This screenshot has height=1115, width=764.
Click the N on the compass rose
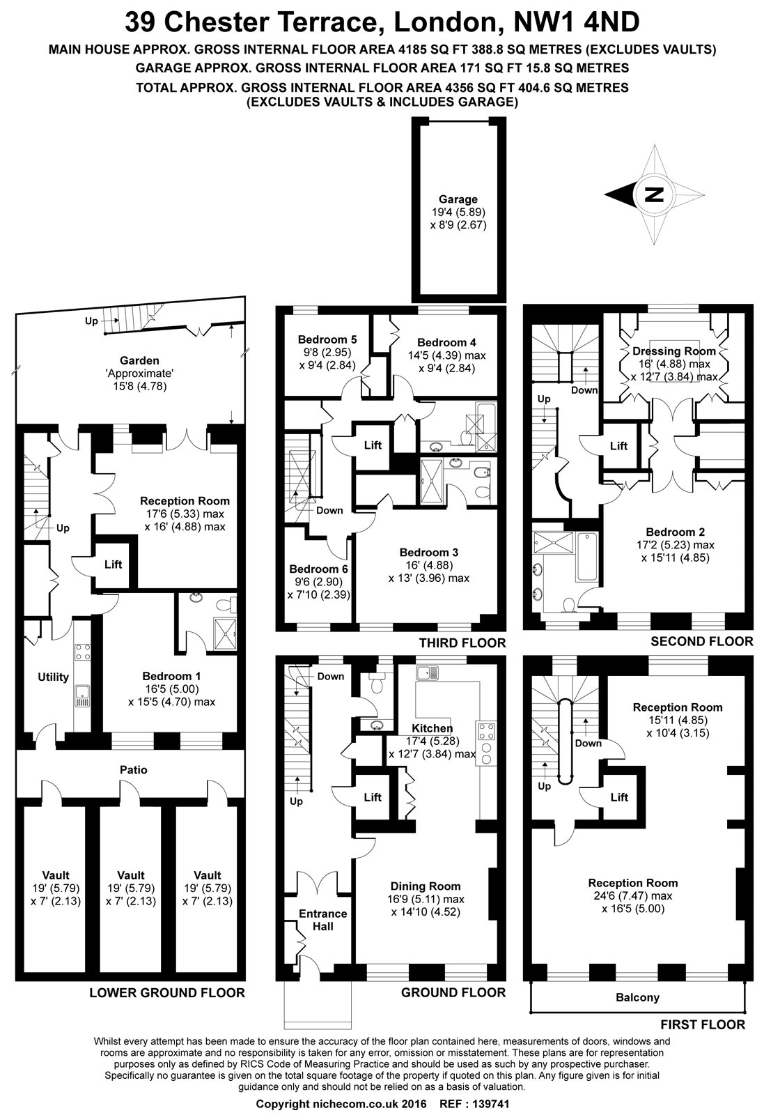654,194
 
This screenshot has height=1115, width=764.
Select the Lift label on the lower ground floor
113,564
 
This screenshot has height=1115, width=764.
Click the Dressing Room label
673,351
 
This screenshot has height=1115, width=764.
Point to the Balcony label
637,997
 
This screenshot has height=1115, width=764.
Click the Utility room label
53,677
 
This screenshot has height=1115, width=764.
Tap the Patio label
133,770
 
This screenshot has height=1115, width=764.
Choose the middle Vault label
131,875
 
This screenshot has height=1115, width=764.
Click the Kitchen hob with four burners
486,731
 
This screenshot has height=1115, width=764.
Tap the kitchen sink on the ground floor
426,673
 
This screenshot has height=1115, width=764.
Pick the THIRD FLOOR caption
462,643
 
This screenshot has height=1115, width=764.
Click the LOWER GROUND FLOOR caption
167,992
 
